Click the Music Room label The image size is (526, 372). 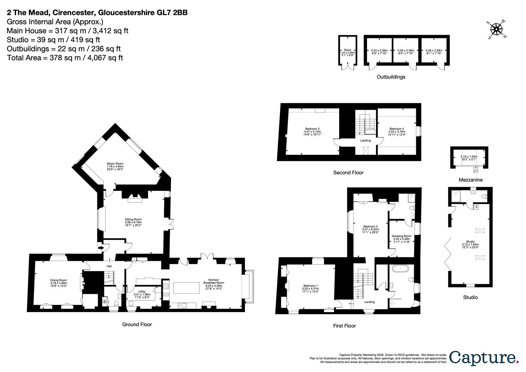point(115,166)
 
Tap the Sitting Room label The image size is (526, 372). point(133,222)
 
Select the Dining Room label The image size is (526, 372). point(59,283)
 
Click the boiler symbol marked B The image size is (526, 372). point(105,301)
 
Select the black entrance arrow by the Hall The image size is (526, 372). point(101,247)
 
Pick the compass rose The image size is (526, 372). point(496,29)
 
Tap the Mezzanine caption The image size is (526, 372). point(470,180)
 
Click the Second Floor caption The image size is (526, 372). point(348,173)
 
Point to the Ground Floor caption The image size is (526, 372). point(137,324)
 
